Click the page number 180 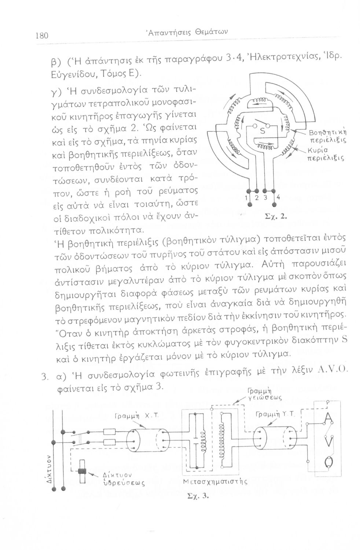43,36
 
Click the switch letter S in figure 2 262,131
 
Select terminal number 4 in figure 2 279,197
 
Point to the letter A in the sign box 328,419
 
